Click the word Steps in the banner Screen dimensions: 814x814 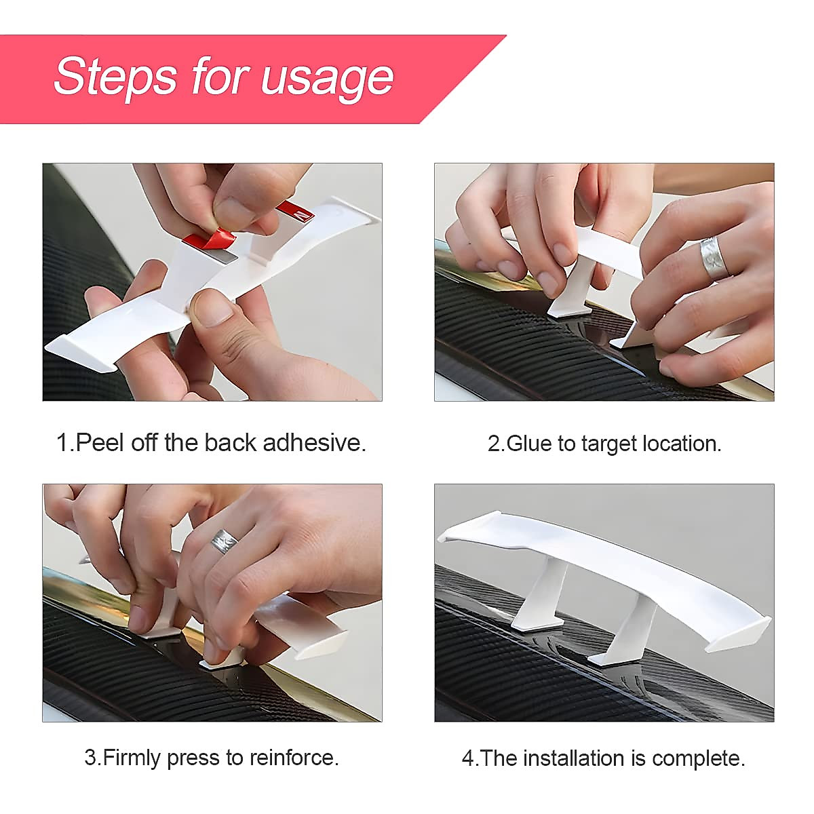coord(115,77)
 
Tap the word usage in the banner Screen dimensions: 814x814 coord(328,80)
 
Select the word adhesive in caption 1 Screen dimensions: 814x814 coord(314,443)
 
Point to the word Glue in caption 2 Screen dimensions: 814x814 coord(529,444)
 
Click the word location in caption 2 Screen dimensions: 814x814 coord(682,444)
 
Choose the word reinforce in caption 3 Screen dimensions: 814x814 coord(294,758)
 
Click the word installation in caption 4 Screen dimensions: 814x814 coord(574,758)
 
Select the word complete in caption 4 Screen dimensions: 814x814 coord(698,759)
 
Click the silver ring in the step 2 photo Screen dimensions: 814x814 coord(713,257)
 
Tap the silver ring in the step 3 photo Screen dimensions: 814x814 coord(225,541)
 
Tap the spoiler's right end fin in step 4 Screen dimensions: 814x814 coord(738,633)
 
